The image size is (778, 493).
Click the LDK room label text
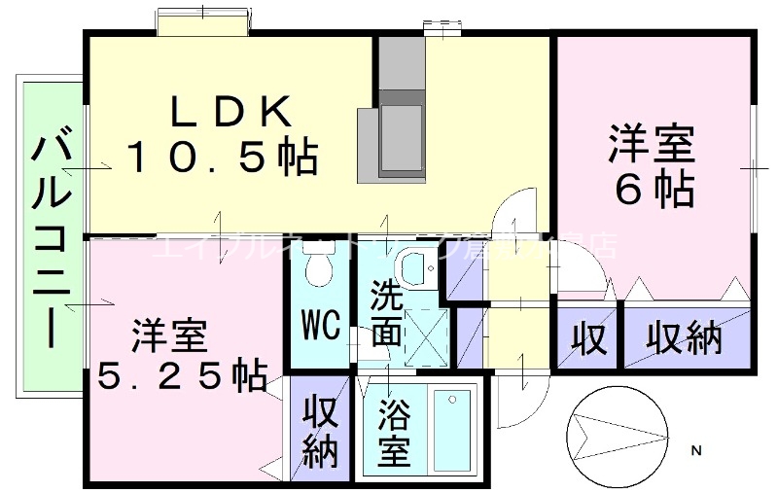(231, 113)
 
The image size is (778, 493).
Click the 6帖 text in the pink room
(654, 189)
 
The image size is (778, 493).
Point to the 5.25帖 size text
(182, 374)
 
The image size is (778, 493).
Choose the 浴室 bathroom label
(394, 433)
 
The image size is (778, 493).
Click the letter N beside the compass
(696, 450)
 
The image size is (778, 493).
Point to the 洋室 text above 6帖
(653, 145)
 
